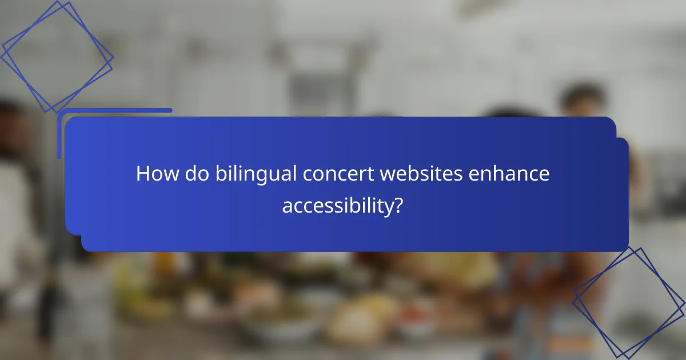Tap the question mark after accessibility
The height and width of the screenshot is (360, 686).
coord(398,206)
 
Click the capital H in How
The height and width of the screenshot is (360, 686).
coord(143,174)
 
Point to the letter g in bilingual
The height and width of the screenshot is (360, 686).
coord(269,177)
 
